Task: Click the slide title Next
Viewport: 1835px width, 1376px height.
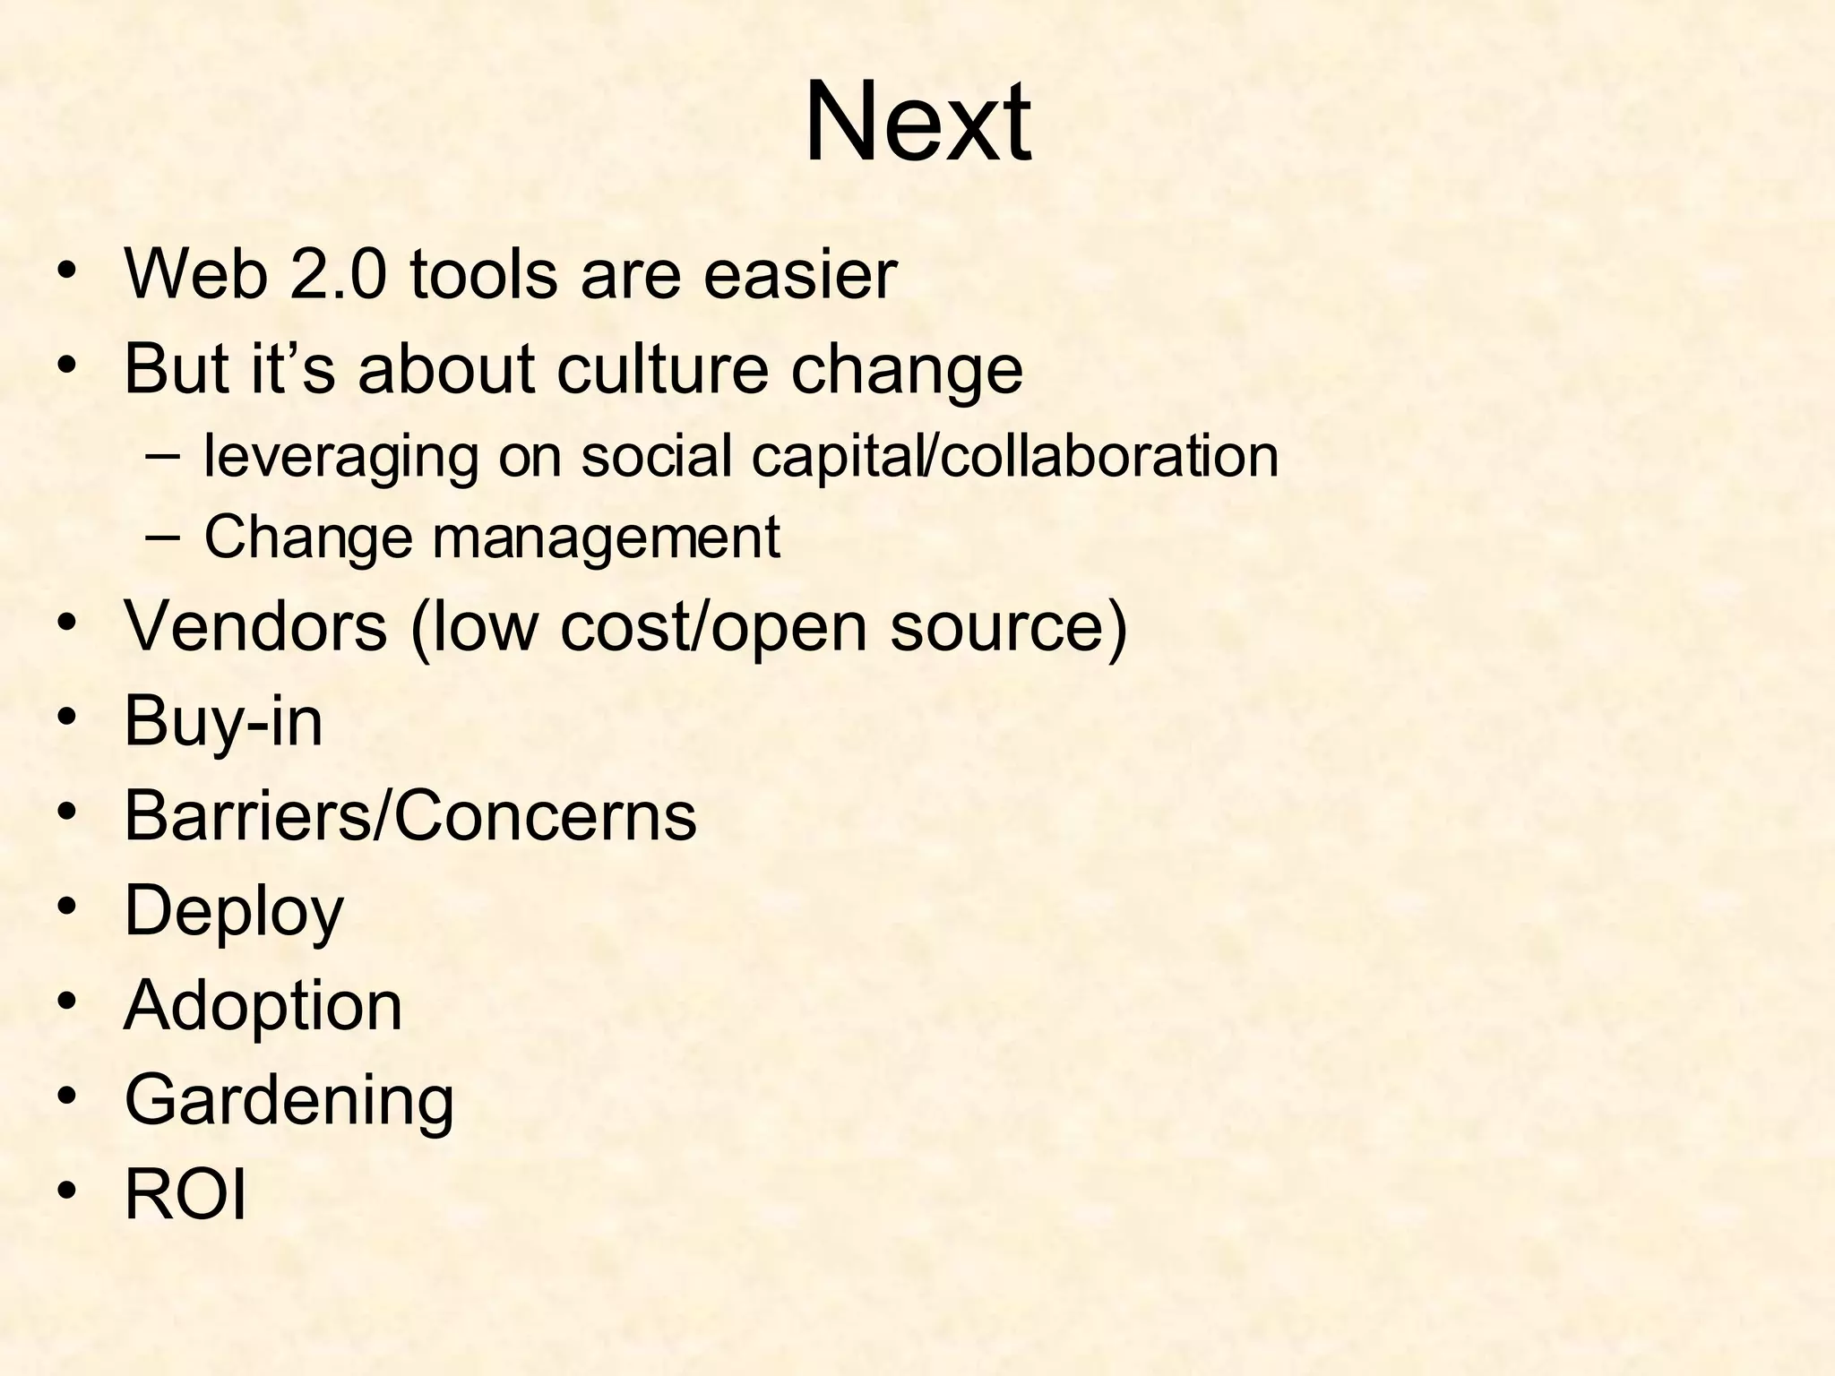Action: [x=917, y=123]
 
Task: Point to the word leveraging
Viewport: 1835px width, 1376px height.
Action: [x=340, y=456]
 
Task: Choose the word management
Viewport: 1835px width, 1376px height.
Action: [x=607, y=537]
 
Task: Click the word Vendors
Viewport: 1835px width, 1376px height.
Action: [x=255, y=625]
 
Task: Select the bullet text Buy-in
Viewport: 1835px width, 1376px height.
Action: [x=223, y=721]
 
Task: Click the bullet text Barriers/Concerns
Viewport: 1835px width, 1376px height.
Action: [x=409, y=816]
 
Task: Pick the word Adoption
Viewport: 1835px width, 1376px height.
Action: [x=263, y=1006]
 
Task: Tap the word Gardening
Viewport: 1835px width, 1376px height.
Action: [x=289, y=1100]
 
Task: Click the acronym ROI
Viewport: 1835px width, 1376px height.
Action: [x=185, y=1194]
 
